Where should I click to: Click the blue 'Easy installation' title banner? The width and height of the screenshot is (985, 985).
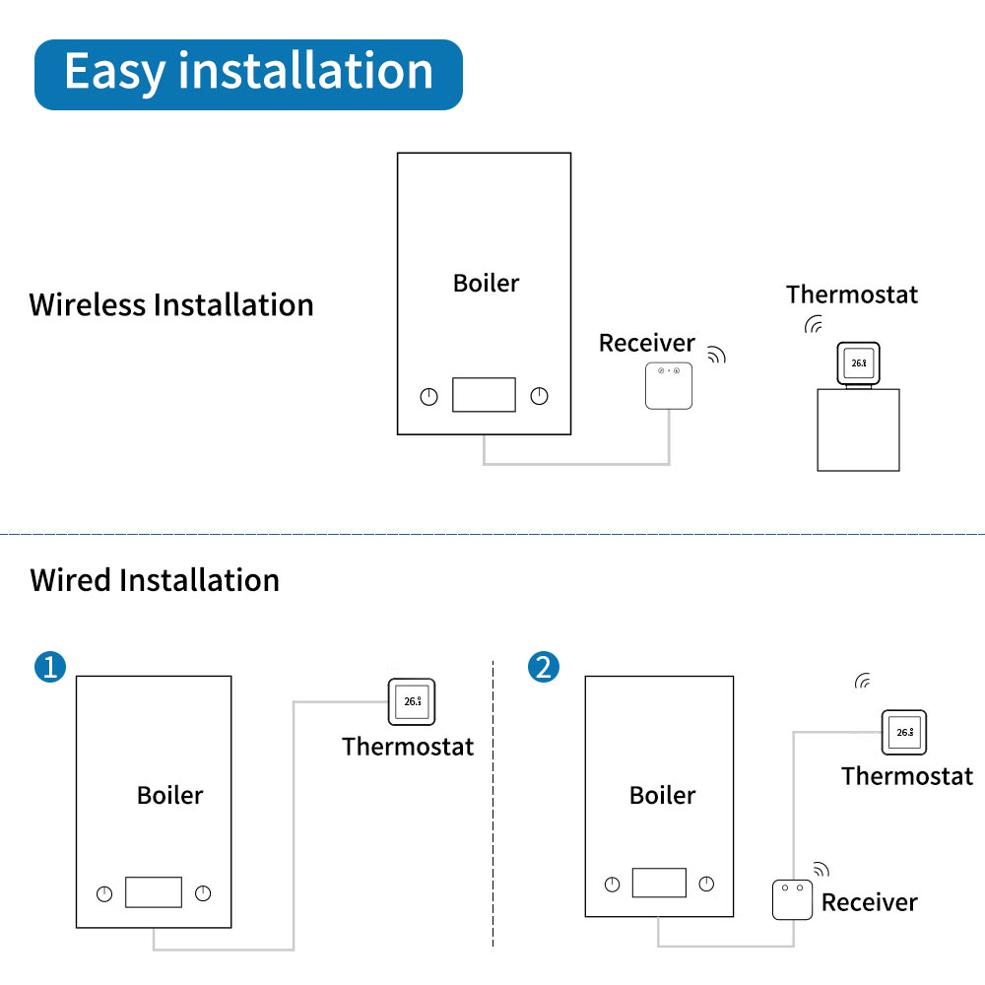(x=249, y=75)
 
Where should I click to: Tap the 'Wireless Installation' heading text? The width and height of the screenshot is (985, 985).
(x=170, y=305)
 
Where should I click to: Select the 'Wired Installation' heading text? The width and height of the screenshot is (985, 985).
(x=155, y=580)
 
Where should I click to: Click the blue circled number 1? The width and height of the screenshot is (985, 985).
(x=50, y=667)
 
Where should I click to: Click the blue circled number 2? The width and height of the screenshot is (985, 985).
(x=544, y=667)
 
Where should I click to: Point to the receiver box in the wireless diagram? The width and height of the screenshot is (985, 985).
(x=669, y=386)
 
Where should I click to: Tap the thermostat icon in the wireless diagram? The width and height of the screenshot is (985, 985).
(x=859, y=363)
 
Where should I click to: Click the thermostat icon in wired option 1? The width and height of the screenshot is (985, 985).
(x=412, y=701)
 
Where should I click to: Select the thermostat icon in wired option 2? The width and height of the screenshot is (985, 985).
(x=904, y=733)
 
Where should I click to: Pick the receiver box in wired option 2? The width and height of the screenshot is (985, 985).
(x=792, y=900)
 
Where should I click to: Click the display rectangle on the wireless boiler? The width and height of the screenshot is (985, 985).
(x=484, y=395)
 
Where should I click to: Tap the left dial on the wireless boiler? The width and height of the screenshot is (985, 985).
(x=429, y=396)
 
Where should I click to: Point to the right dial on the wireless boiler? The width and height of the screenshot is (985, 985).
(x=539, y=396)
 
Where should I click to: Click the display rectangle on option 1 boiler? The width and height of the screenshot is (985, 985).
(x=154, y=892)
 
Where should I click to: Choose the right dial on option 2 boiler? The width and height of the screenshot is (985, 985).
(x=706, y=884)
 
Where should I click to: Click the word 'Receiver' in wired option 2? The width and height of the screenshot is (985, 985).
(x=870, y=902)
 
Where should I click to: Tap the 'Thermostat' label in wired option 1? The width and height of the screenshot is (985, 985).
(x=408, y=747)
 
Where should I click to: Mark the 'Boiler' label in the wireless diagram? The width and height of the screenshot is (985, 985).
(x=487, y=284)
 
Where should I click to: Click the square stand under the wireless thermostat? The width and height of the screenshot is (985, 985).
(x=858, y=429)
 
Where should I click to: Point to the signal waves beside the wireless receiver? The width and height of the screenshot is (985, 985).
(x=717, y=355)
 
